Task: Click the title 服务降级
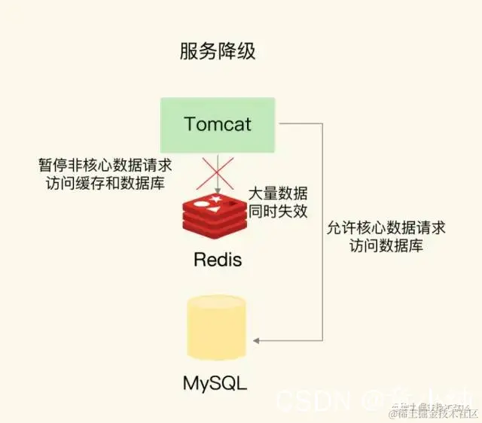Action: coord(218,52)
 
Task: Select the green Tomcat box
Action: coord(218,123)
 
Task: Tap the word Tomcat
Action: coord(218,123)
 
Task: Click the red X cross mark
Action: coord(218,173)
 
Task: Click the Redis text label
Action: coord(218,260)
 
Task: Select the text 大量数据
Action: coord(278,193)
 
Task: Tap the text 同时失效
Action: coord(278,211)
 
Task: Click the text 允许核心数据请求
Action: coord(386,227)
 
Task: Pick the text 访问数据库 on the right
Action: coord(386,245)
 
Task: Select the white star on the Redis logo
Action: coord(217,199)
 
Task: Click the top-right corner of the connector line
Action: coord(323,123)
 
